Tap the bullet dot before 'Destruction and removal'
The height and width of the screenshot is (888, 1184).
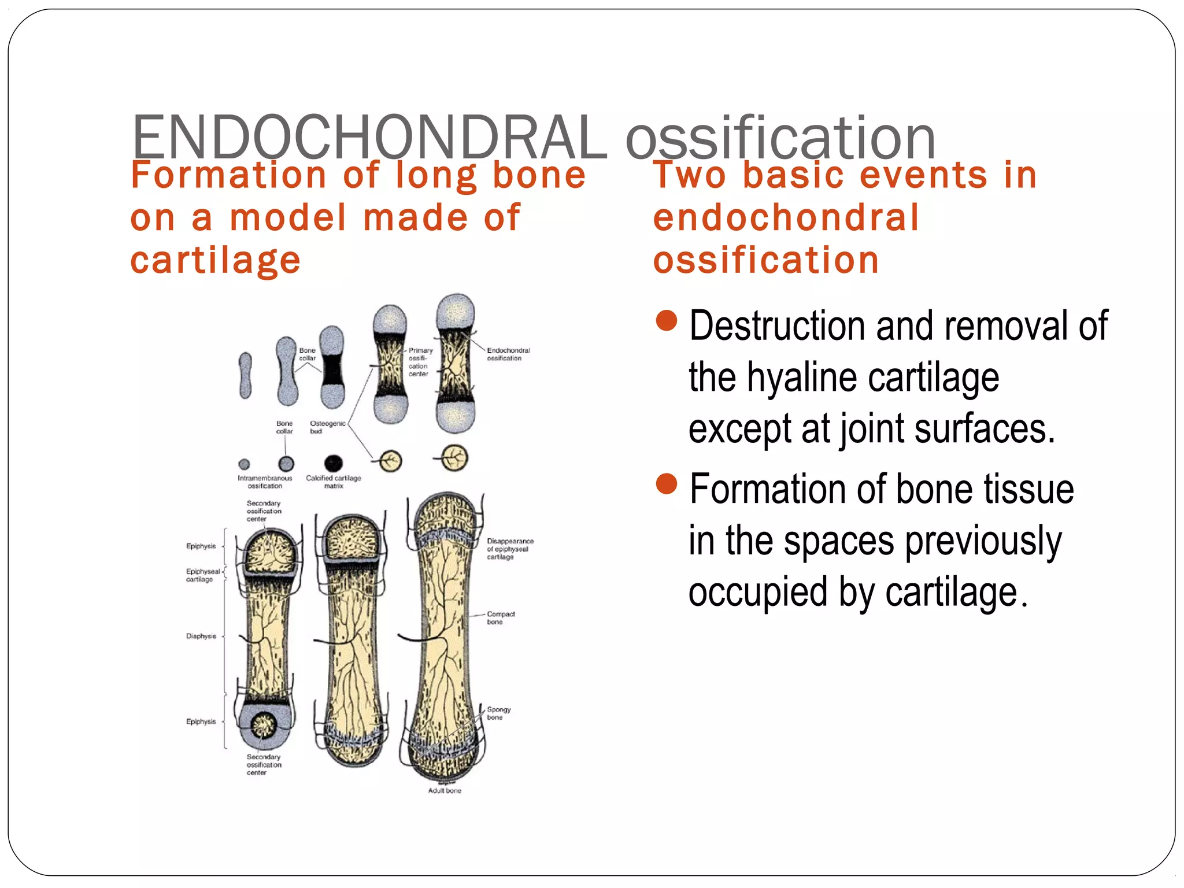[667, 320]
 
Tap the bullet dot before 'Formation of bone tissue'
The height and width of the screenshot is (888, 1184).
[667, 484]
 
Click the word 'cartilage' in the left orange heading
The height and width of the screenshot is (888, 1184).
[215, 260]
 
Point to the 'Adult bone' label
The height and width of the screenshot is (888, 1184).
[445, 790]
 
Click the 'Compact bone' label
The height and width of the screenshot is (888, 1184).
[500, 617]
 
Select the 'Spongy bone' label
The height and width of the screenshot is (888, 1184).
[498, 713]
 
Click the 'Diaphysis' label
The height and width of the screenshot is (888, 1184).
[201, 636]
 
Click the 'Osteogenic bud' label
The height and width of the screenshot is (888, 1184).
[327, 427]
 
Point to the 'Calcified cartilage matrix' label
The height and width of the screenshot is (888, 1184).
[333, 482]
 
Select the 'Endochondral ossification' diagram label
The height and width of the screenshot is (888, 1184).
[508, 354]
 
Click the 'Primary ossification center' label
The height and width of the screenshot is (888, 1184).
[420, 362]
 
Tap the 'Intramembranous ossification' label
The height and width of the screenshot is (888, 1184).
[265, 482]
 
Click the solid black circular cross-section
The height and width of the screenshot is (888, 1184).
[333, 463]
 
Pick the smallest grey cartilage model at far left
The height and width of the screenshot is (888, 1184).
[246, 375]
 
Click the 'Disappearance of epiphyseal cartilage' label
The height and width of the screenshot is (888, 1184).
[509, 549]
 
